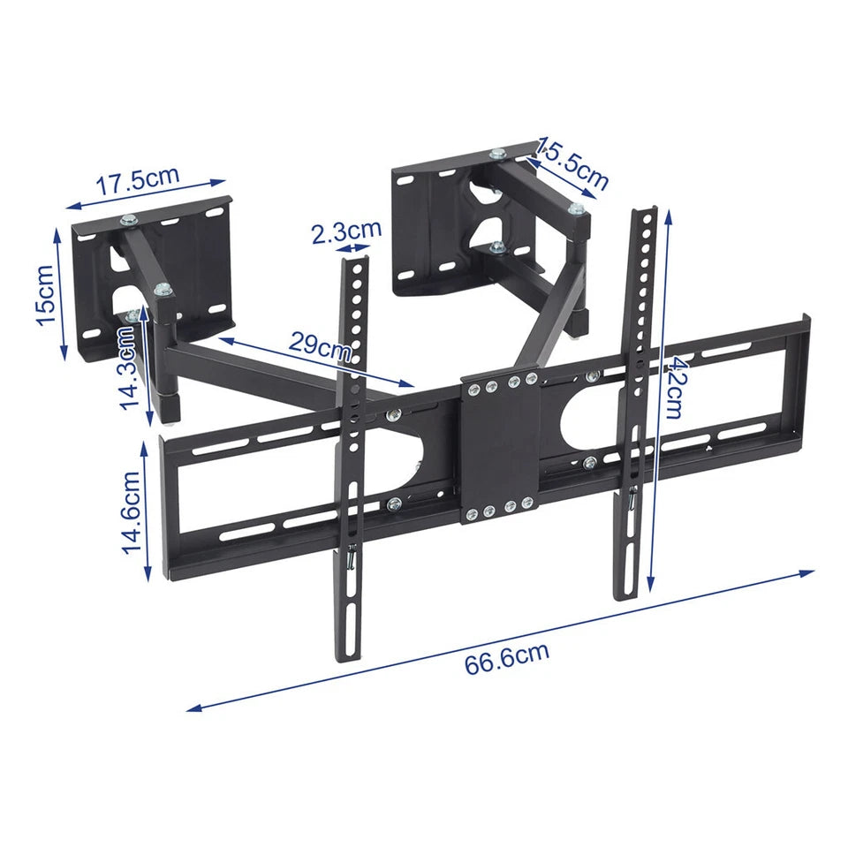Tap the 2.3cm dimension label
coord(346,231)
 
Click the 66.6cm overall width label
coord(507,658)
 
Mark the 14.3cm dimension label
coord(129,367)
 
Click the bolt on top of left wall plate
coord(130,219)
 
